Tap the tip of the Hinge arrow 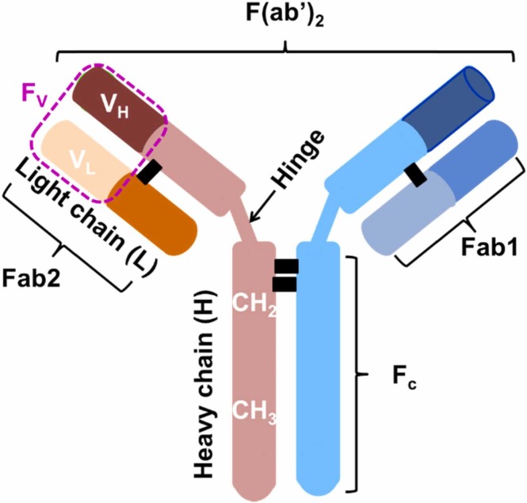(250, 223)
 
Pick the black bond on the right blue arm (418, 176)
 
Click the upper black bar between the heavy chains (286, 265)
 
